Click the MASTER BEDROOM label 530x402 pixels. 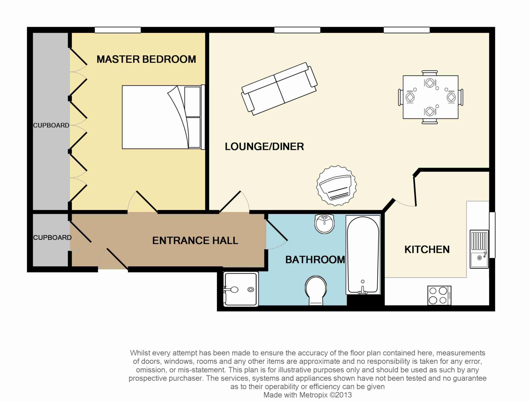click(146, 59)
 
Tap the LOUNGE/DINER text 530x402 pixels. click(264, 146)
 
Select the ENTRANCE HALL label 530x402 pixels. click(195, 241)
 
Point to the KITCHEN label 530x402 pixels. click(427, 250)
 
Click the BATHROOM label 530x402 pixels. click(315, 260)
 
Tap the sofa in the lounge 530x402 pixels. click(279, 89)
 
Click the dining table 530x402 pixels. click(430, 97)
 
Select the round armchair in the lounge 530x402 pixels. click(336, 186)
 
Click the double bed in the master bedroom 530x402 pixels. click(164, 117)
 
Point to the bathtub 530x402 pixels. click(363, 255)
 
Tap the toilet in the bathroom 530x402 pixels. click(316, 290)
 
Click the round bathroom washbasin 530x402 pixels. click(325, 224)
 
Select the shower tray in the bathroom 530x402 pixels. click(241, 289)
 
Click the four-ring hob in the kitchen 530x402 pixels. click(439, 295)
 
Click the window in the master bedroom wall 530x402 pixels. click(118, 30)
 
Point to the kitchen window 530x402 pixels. click(492, 235)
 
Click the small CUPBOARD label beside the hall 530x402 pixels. click(52, 237)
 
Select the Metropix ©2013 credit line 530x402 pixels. click(307, 395)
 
